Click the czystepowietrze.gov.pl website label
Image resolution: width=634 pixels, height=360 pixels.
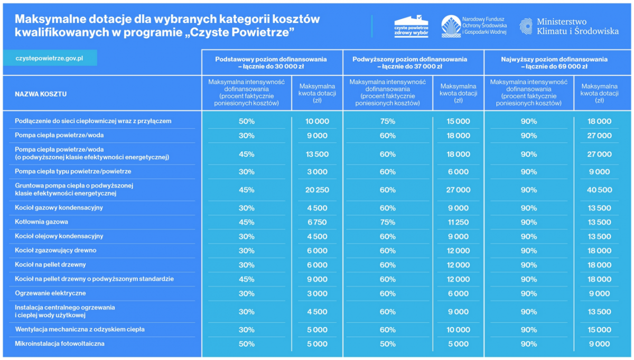click(50, 58)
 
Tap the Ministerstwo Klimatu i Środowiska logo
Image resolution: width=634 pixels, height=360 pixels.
click(568, 26)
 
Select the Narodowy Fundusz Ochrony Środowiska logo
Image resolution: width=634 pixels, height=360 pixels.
click(474, 26)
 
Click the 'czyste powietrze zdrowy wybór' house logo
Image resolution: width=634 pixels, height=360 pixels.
click(411, 26)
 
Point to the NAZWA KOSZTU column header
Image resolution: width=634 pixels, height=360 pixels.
click(41, 94)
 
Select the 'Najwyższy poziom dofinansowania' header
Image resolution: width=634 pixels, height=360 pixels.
click(554, 63)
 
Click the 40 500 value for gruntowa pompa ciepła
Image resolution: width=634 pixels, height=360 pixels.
click(599, 190)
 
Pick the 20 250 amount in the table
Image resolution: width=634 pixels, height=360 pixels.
click(317, 190)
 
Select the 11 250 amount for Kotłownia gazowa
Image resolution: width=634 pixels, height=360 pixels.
click(458, 223)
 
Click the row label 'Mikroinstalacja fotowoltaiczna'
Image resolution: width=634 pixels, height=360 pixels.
click(60, 344)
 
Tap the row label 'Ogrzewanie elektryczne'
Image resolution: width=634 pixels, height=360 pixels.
click(50, 293)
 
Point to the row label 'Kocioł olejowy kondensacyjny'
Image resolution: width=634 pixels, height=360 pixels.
click(59, 236)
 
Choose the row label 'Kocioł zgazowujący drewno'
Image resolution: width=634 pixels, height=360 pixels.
click(55, 251)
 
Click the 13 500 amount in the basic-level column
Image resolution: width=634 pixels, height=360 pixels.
click(317, 154)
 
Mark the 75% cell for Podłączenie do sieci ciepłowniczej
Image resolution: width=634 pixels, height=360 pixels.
click(387, 122)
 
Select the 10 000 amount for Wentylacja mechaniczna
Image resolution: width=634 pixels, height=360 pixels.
click(458, 329)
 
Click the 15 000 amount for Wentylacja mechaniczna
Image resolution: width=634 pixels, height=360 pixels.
click(599, 329)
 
